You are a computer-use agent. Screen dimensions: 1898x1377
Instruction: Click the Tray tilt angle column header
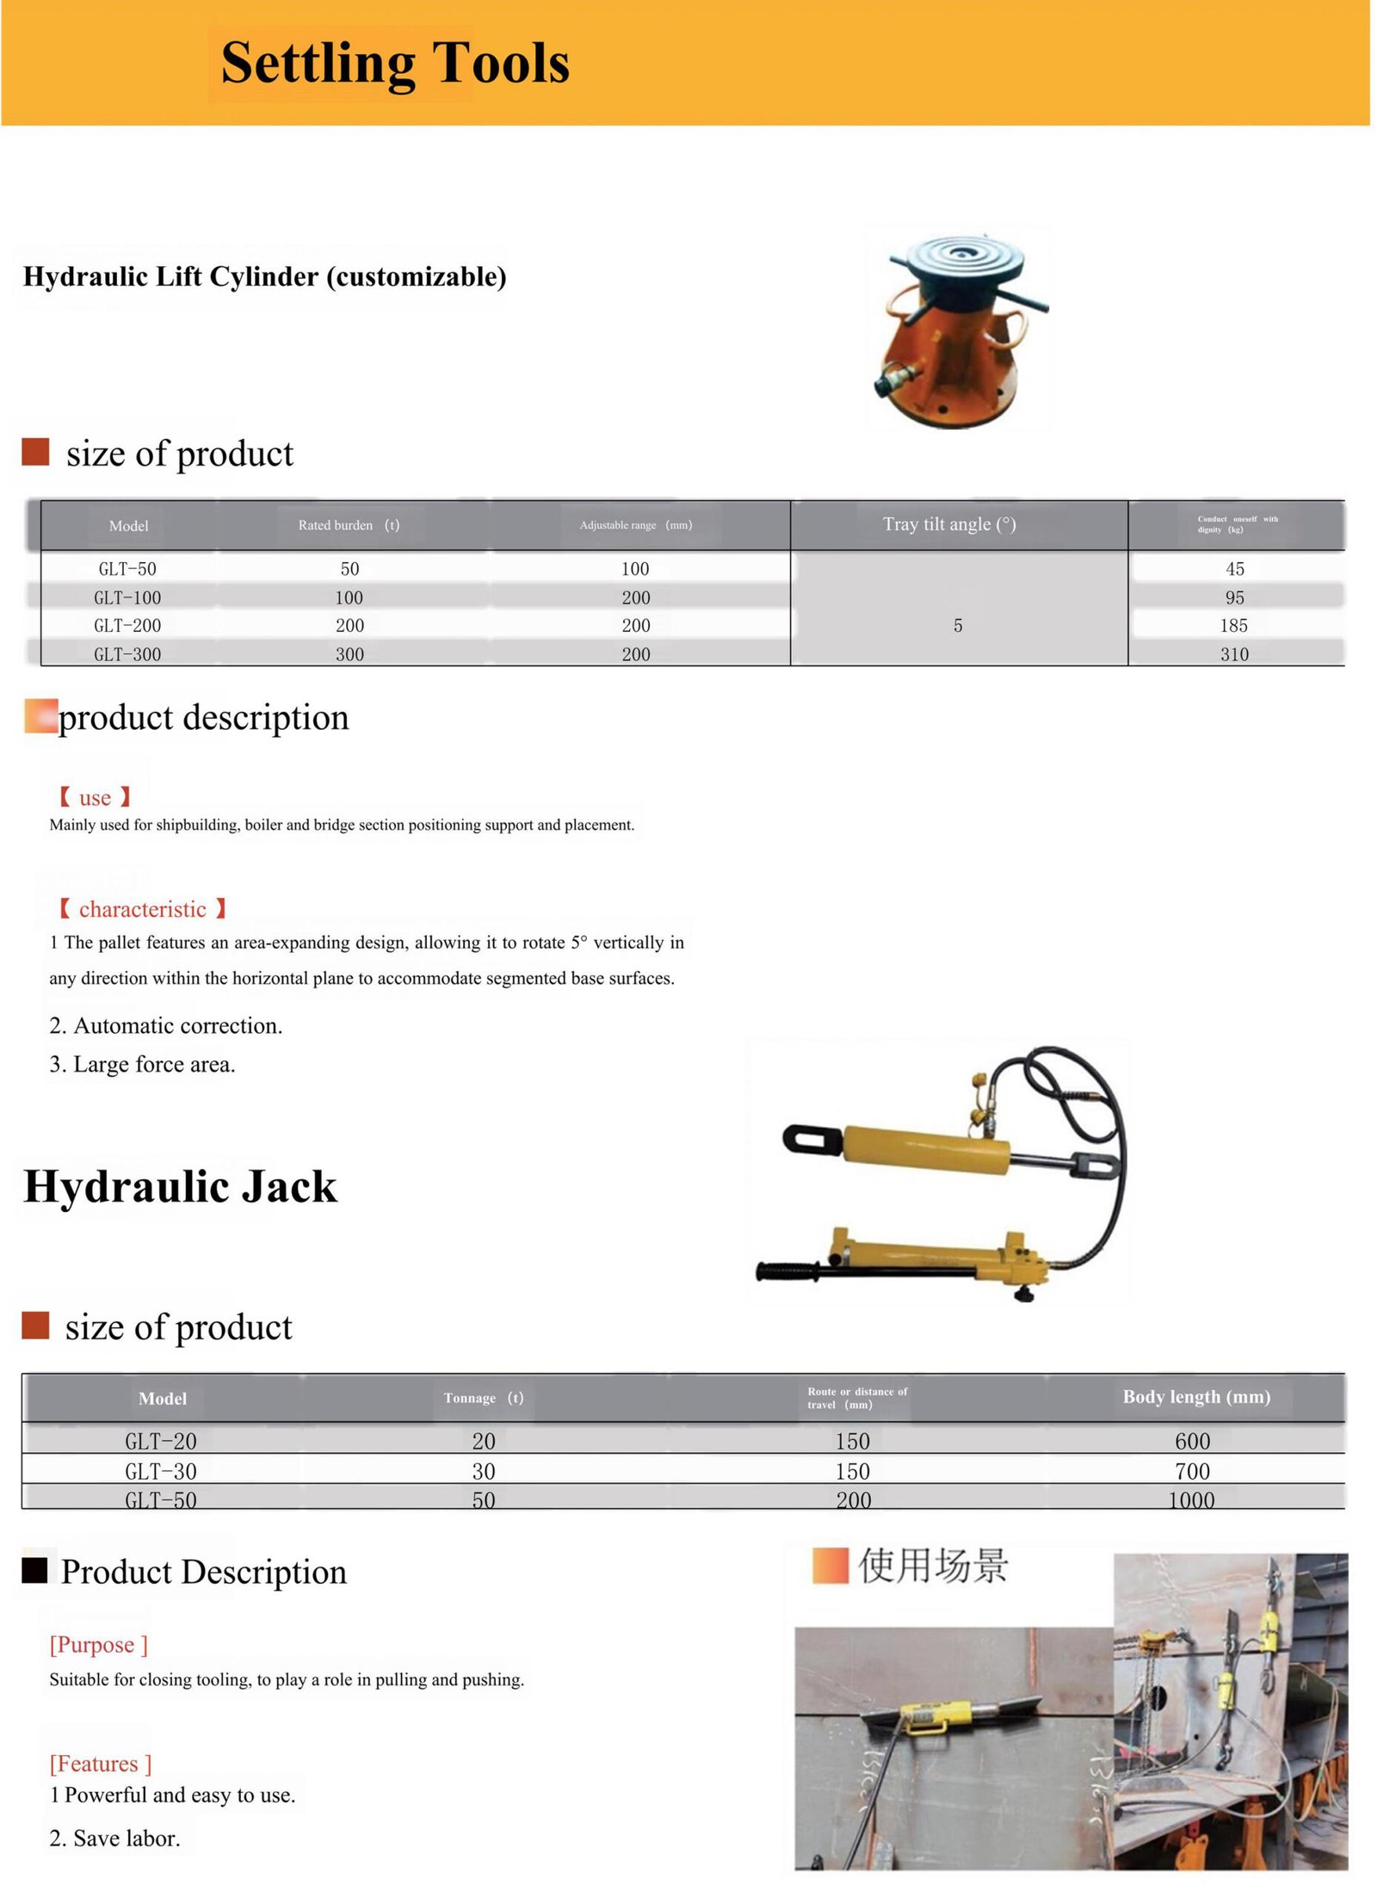click(x=949, y=524)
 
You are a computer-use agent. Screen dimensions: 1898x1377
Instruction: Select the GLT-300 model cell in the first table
click(x=127, y=654)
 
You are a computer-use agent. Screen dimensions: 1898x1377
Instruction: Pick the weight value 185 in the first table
click(x=1233, y=626)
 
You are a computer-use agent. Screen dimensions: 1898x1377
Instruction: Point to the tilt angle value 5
click(x=958, y=626)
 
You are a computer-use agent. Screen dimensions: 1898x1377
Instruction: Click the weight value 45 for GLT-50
click(x=1235, y=569)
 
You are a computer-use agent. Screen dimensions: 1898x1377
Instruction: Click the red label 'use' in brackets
click(x=95, y=798)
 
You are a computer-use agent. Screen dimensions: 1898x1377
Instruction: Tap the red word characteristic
click(x=142, y=909)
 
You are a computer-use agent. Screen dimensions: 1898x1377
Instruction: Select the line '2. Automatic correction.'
click(x=165, y=1025)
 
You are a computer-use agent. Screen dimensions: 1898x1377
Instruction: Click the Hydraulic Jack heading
click(x=181, y=1186)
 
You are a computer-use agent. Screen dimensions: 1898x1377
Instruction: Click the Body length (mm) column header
click(x=1196, y=1397)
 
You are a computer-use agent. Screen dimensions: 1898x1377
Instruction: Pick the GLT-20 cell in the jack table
click(x=161, y=1441)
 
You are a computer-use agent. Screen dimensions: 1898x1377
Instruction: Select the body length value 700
click(x=1192, y=1471)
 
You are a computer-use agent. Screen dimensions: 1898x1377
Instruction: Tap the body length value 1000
click(x=1191, y=1500)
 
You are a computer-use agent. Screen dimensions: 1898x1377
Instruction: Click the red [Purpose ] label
click(x=98, y=1645)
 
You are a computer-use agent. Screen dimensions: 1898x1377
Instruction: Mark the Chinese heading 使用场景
click(x=933, y=1565)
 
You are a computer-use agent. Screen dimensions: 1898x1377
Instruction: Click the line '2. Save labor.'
click(x=114, y=1838)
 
